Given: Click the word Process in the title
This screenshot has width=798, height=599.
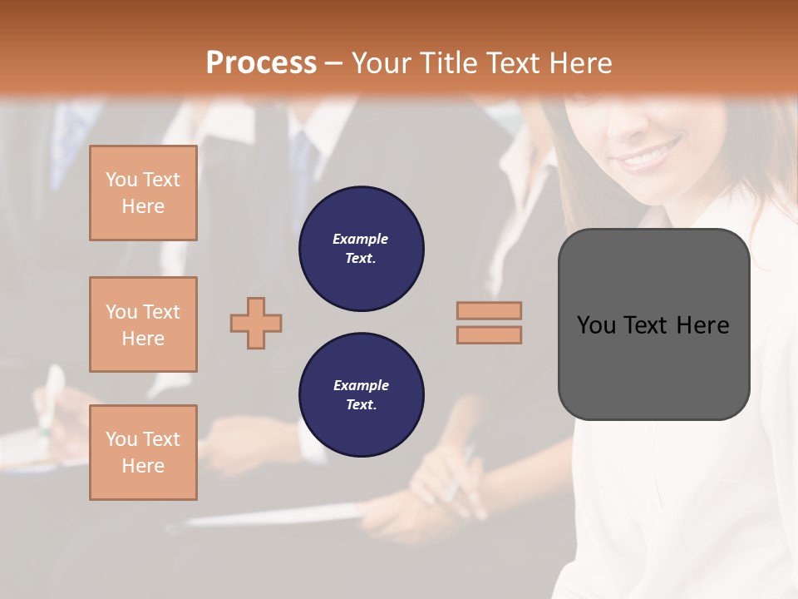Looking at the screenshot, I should pyautogui.click(x=261, y=63).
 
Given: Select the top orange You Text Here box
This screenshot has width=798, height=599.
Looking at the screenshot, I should pyautogui.click(x=143, y=193).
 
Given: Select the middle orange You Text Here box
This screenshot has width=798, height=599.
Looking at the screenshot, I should pyautogui.click(x=143, y=324).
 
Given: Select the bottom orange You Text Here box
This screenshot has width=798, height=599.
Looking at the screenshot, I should pyautogui.click(x=143, y=453).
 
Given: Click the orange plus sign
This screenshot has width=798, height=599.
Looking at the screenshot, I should pyautogui.click(x=256, y=323).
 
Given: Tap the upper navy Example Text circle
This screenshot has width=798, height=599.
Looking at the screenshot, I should pyautogui.click(x=362, y=249).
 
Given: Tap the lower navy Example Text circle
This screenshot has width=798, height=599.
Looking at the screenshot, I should pyautogui.click(x=362, y=395).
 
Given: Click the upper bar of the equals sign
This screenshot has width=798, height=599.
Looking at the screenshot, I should pyautogui.click(x=489, y=310).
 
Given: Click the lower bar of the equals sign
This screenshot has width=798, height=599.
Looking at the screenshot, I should pyautogui.click(x=489, y=335).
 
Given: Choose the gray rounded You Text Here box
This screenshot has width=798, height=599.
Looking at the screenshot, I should pyautogui.click(x=653, y=366).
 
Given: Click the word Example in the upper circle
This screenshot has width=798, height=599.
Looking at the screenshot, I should pyautogui.click(x=361, y=239).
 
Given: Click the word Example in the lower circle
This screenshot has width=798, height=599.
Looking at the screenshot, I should pyautogui.click(x=361, y=385).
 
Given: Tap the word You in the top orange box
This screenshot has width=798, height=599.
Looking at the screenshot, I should pyautogui.click(x=121, y=180).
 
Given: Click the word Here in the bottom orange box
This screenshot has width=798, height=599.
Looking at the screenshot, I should pyautogui.click(x=143, y=466).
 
